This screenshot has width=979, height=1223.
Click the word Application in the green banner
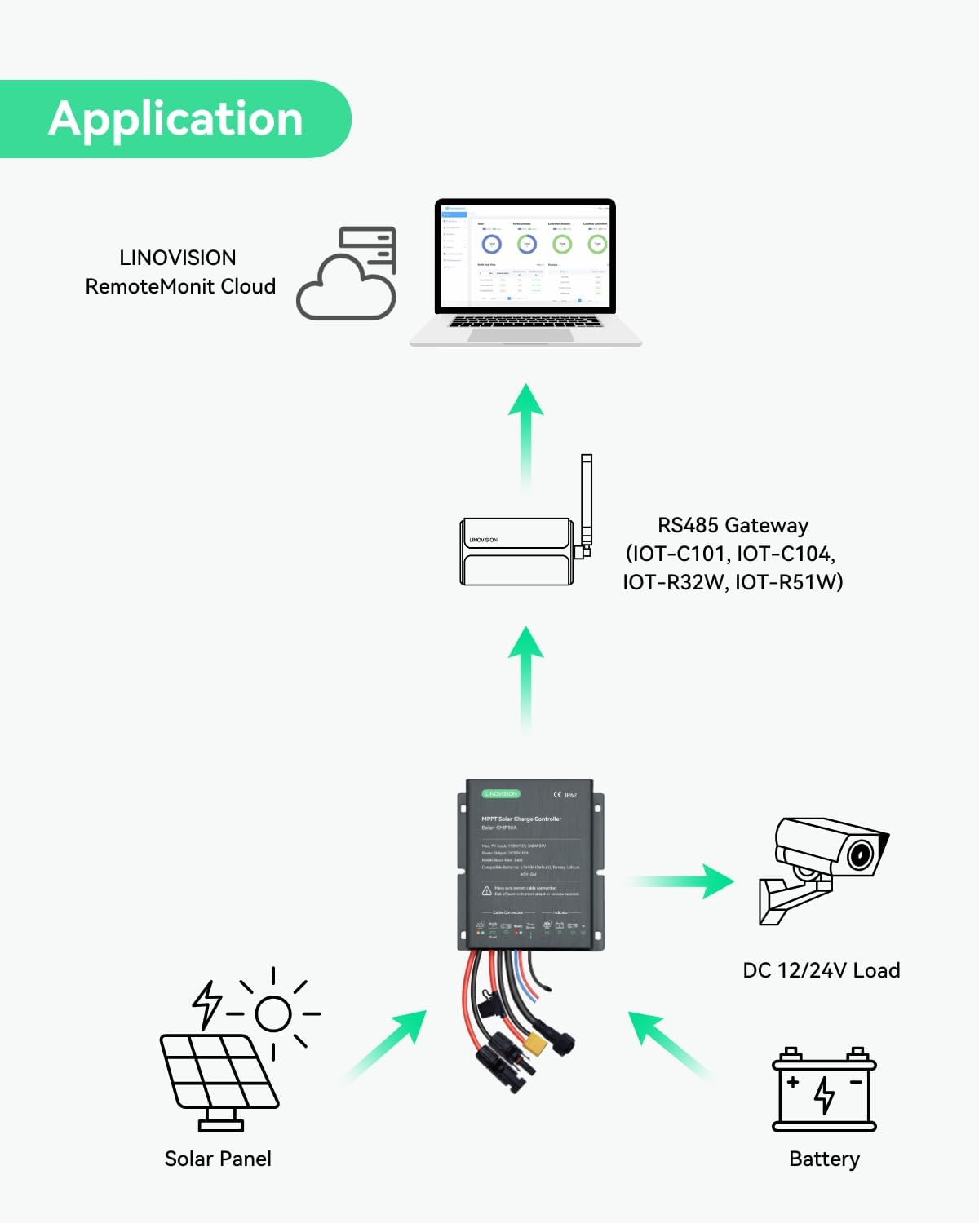(175, 119)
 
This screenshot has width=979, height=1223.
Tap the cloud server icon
(347, 273)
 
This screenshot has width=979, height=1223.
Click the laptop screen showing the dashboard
(525, 254)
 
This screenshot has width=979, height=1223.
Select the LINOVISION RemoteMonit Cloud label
(179, 272)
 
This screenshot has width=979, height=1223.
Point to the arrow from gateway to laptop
(526, 436)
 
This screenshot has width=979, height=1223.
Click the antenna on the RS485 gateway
(586, 501)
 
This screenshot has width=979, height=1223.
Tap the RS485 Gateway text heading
(733, 526)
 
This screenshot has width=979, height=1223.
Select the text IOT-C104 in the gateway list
(784, 554)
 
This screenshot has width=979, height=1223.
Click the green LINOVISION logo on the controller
(501, 793)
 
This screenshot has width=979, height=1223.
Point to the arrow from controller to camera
(681, 881)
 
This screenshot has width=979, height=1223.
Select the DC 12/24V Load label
(821, 970)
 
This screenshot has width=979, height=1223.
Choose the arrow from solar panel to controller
(388, 1045)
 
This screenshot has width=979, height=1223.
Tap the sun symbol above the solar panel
(273, 1013)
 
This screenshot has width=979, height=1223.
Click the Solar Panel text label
(218, 1159)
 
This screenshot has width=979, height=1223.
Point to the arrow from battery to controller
(669, 1045)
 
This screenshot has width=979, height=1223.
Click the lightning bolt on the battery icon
(825, 1094)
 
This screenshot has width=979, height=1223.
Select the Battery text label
(824, 1159)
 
